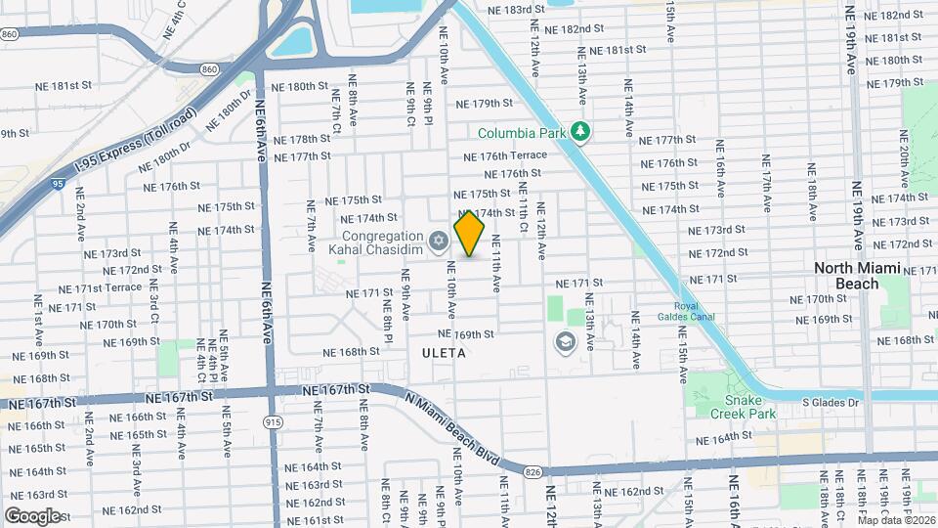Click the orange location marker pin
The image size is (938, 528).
click(x=470, y=233)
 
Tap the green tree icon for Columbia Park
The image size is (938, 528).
click(x=580, y=131)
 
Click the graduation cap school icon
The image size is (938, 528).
click(x=564, y=341)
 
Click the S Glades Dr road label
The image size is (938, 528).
click(x=830, y=402)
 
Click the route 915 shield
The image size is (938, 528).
click(x=273, y=420)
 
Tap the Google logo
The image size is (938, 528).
click(x=32, y=515)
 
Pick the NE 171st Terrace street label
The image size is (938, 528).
click(x=100, y=288)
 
